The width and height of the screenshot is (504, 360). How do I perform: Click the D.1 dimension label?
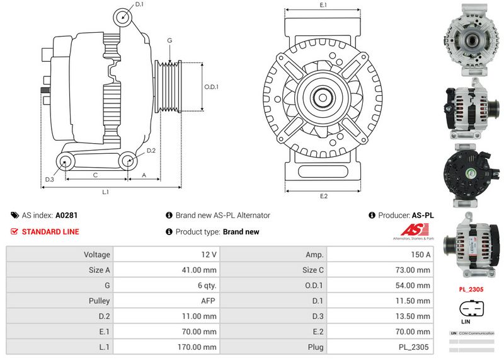coord(139,5)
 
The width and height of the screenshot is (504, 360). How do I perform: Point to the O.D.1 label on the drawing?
coord(211,87)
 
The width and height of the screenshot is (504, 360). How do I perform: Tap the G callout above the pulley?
coord(169,40)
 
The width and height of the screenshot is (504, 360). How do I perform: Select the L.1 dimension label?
coord(106,191)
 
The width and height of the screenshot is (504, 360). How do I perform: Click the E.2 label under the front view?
coord(324,196)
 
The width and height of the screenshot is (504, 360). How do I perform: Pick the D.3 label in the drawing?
coord(50,180)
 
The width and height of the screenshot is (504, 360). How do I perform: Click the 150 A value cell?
coord(421,255)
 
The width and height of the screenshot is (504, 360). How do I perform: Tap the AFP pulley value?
coord(209,301)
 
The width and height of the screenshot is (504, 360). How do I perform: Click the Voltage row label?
coord(97,255)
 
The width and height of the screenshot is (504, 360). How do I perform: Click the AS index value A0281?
coord(67,215)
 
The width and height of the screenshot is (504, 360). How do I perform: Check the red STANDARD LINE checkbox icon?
coord(14,231)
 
